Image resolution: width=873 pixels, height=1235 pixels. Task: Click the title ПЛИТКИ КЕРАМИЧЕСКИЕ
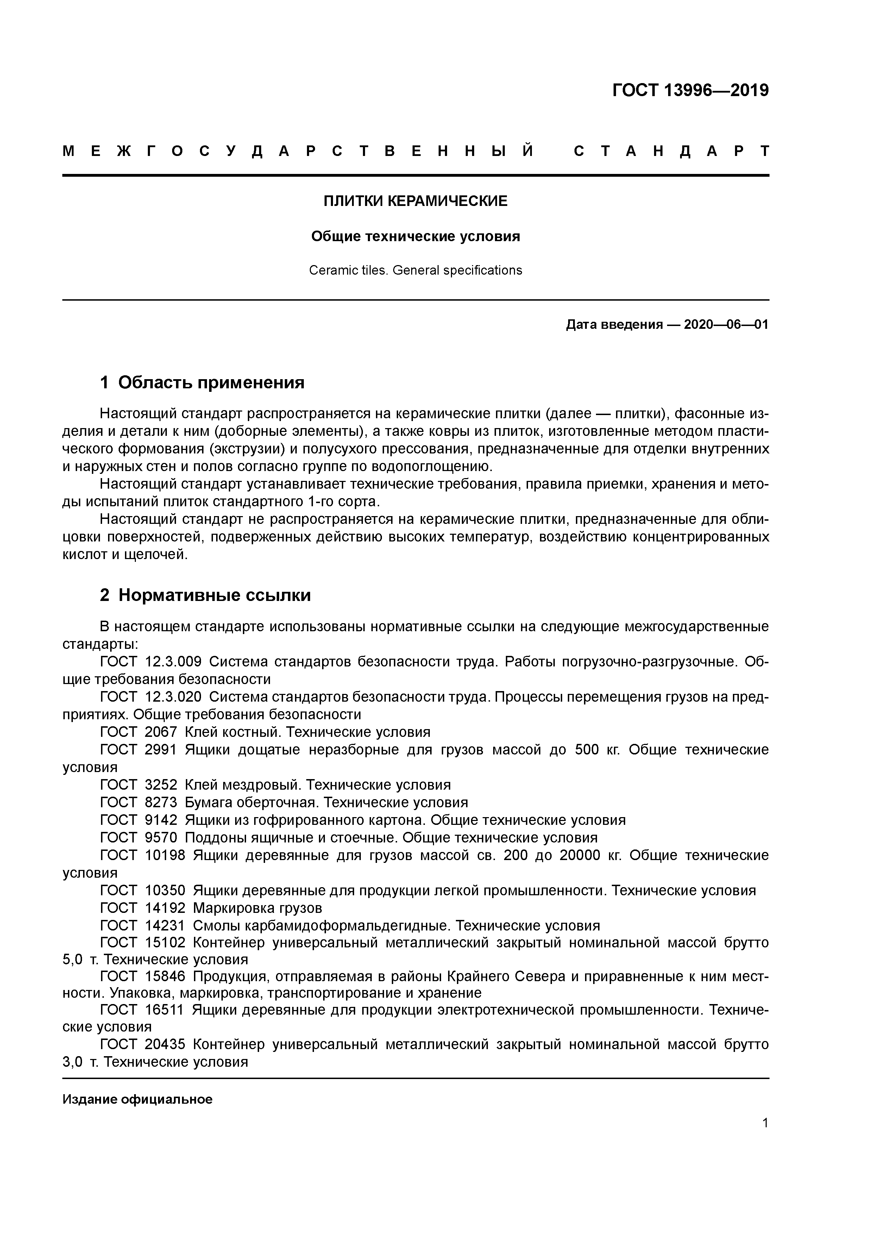coord(415,201)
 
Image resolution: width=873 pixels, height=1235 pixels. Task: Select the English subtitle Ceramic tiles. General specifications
coord(415,270)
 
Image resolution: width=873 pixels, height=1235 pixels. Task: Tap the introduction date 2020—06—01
coord(726,325)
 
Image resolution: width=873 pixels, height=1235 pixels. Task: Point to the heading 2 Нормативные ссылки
coord(206,595)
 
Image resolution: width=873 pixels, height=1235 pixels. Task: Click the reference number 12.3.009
coord(173,662)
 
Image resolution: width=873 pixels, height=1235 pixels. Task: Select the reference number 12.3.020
coord(173,697)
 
